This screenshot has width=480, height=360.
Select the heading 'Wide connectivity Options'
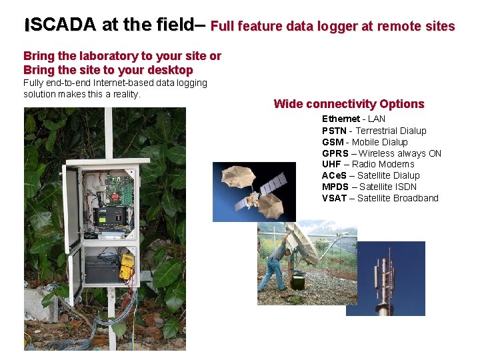click(x=349, y=104)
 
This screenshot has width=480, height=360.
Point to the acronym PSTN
click(x=334, y=131)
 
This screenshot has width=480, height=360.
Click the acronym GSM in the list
click(x=333, y=142)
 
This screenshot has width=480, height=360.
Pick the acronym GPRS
click(x=335, y=153)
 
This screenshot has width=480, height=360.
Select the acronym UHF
click(x=331, y=164)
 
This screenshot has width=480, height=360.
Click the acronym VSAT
click(x=334, y=198)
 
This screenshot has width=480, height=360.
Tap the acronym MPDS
click(x=335, y=187)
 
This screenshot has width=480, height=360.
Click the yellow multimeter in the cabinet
click(x=126, y=266)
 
